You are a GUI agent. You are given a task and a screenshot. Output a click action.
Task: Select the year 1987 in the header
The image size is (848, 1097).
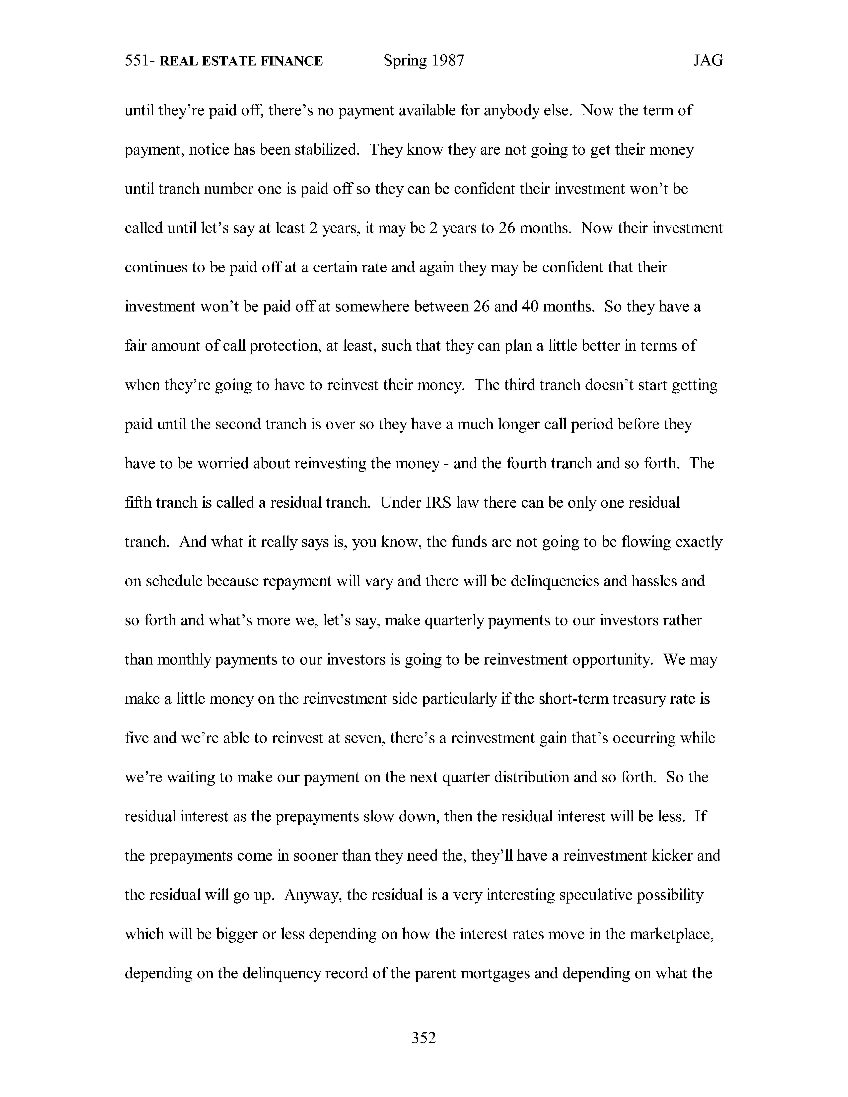[448, 61]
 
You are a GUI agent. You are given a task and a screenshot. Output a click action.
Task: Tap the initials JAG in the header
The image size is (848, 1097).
[708, 61]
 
